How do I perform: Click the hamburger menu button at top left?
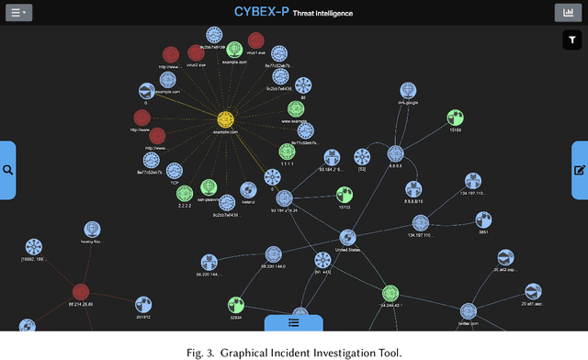click(x=19, y=13)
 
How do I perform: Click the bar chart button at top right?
click(x=568, y=13)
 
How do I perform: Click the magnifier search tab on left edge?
click(x=7, y=170)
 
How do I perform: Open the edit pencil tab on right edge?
click(x=580, y=170)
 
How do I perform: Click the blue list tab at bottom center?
click(x=293, y=322)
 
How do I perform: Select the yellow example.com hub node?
click(x=225, y=119)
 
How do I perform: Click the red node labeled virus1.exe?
click(x=255, y=40)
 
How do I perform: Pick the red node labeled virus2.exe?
click(x=197, y=53)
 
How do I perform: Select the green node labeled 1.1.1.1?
click(x=288, y=151)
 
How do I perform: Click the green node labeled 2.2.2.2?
click(x=186, y=194)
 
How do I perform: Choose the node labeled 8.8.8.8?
click(x=395, y=154)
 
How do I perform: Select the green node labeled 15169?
click(x=454, y=118)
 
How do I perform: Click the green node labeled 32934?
click(x=236, y=303)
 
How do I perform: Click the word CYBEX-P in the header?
click(x=265, y=13)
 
